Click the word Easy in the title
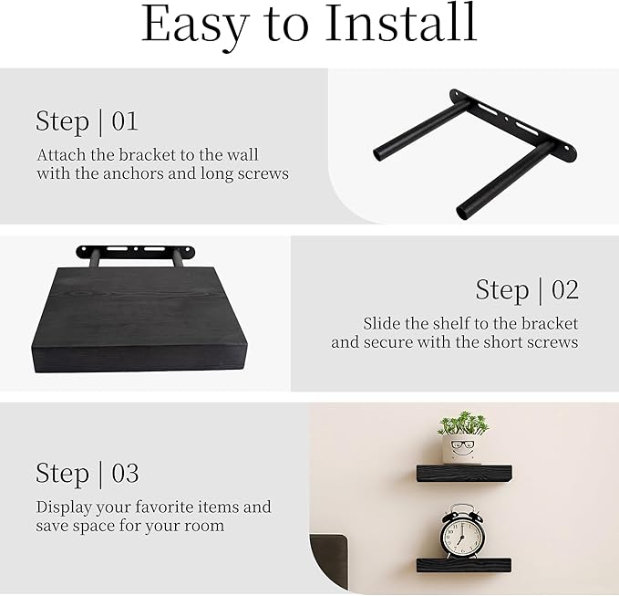click(x=192, y=26)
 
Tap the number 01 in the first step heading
click(x=126, y=120)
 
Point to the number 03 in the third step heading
click(x=125, y=473)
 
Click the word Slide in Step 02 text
click(x=382, y=323)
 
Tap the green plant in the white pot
click(x=462, y=424)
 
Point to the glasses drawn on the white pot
click(x=462, y=448)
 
